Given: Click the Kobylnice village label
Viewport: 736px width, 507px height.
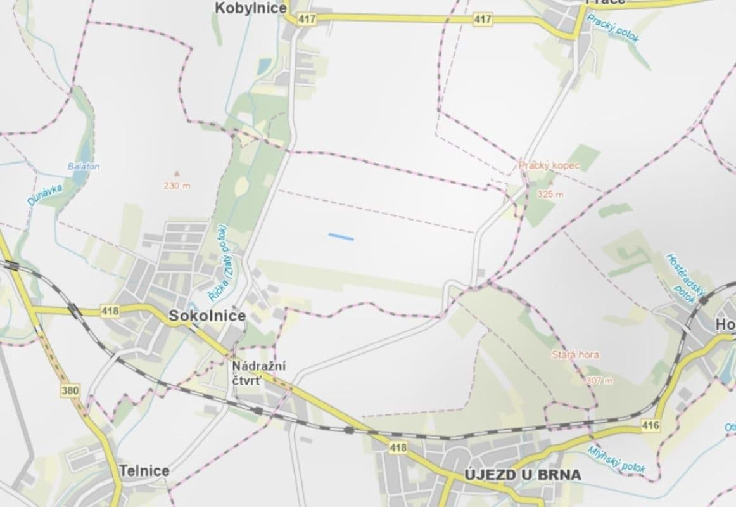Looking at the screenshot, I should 251,8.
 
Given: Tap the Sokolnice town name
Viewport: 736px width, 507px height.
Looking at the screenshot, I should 206,316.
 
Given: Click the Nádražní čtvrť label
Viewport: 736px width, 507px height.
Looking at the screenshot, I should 258,373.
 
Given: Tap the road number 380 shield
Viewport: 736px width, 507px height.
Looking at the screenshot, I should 71,390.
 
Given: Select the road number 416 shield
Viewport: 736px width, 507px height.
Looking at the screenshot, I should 650,425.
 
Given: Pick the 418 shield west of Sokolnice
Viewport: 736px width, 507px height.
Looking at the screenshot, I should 110,311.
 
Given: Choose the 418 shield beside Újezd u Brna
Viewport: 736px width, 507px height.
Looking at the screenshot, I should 398,448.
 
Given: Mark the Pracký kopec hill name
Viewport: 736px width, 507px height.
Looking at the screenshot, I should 549,165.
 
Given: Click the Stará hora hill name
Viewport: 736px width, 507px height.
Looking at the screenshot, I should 574,355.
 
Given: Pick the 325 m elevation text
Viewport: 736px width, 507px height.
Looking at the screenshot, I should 549,194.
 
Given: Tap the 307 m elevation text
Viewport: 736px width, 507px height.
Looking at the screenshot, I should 599,380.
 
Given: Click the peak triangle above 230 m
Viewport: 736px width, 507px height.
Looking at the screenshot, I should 177,171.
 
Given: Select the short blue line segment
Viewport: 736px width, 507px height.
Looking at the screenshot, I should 341,237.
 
